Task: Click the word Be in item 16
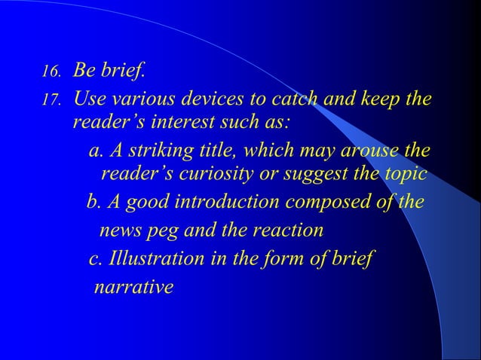(84, 72)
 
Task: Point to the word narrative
(133, 287)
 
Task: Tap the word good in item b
(143, 203)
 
